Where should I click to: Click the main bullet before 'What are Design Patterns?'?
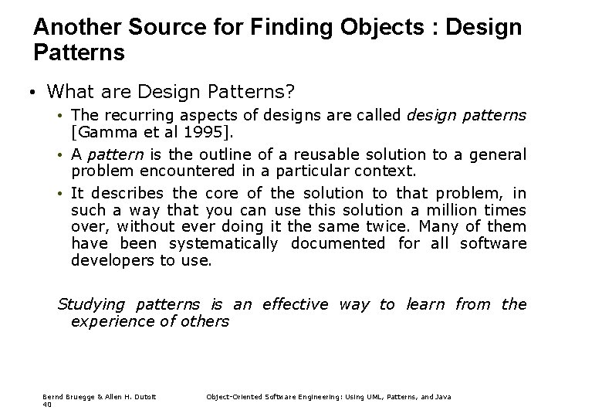tap(26, 93)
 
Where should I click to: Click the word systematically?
tap(217, 243)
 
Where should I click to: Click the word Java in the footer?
tap(442, 396)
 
